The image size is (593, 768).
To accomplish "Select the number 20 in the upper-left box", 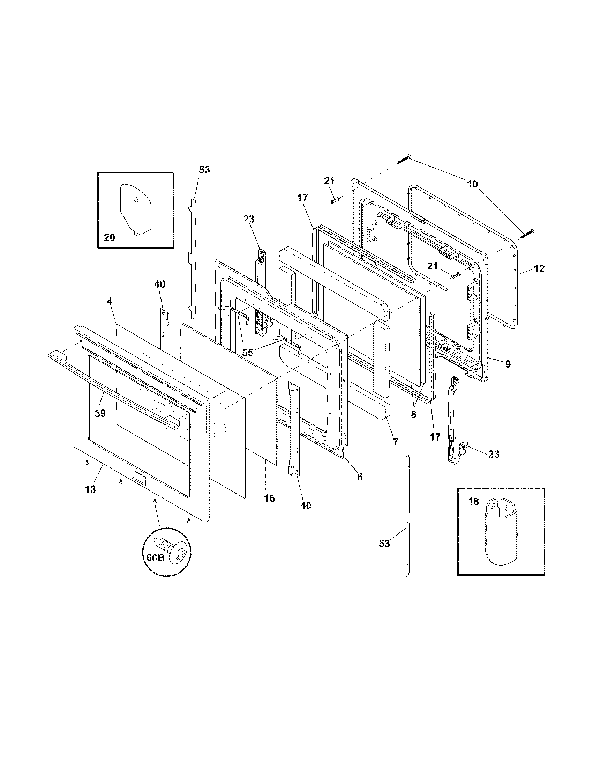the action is [x=109, y=238].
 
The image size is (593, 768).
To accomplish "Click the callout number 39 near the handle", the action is [x=100, y=414].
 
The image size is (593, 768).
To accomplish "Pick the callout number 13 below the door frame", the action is [x=90, y=489].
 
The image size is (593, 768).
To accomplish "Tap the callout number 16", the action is [x=269, y=498].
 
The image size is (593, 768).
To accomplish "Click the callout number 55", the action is [x=248, y=353].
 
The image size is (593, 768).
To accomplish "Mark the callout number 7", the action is [x=395, y=442].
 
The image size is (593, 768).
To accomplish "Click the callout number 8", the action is [x=413, y=415].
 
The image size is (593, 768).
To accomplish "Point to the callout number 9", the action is [x=508, y=364].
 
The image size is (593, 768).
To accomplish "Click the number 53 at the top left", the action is [x=204, y=170].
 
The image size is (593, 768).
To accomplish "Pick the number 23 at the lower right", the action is [x=494, y=454].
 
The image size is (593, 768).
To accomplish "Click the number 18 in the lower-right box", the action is [x=474, y=502].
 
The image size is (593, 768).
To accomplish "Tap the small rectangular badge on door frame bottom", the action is [x=137, y=475].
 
